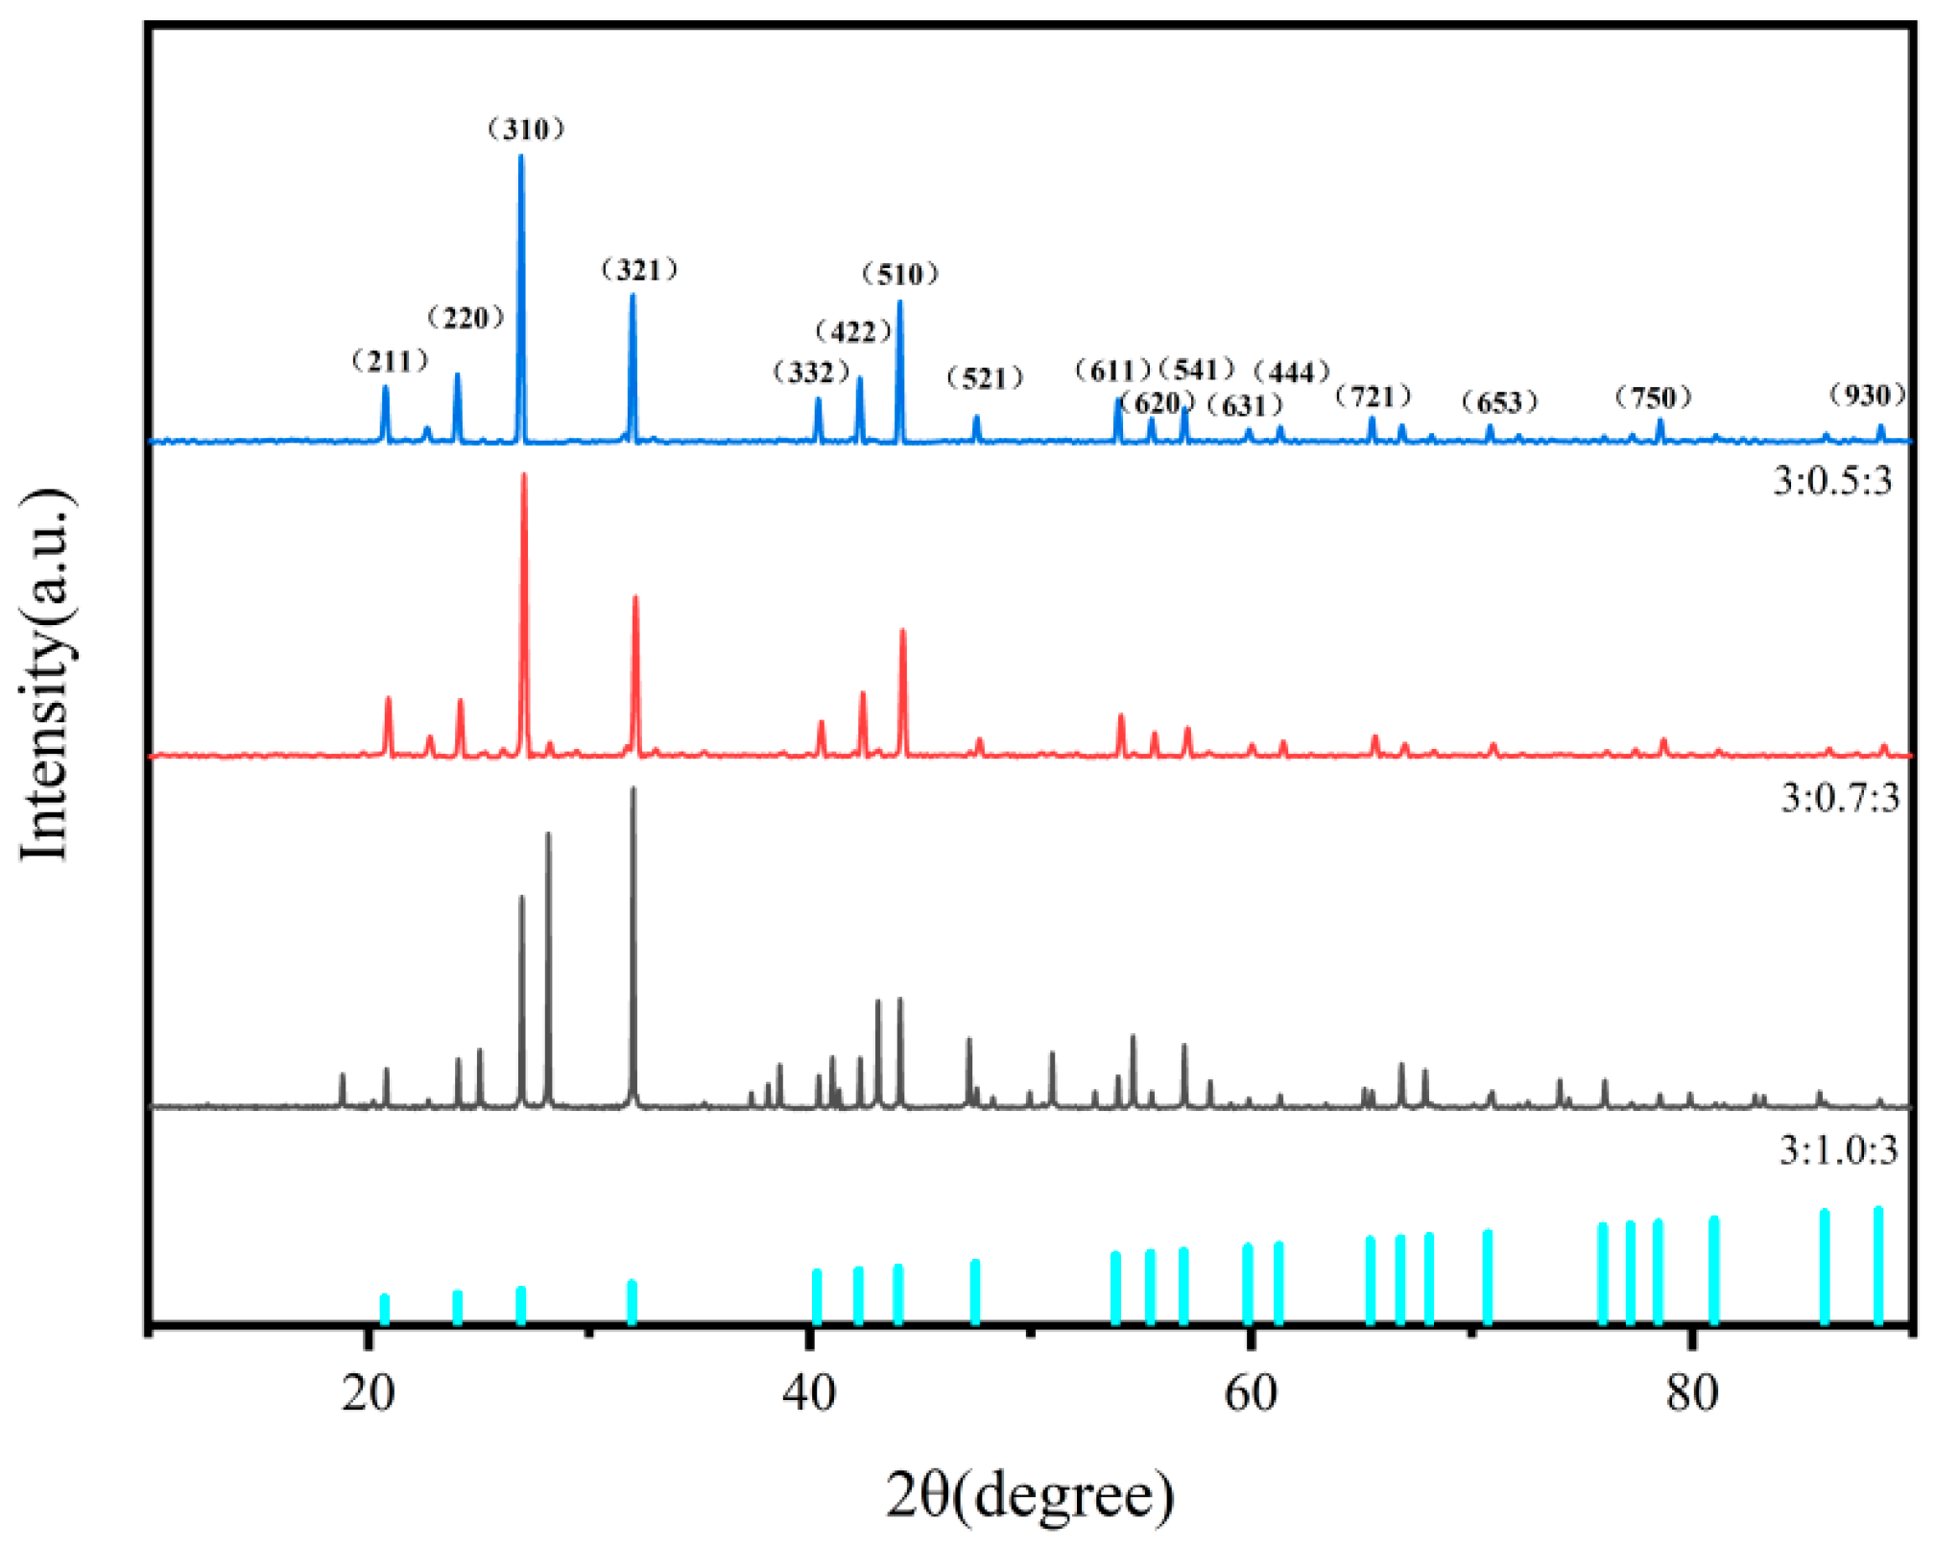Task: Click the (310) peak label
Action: [526, 130]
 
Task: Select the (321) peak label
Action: [639, 270]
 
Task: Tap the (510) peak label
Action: [899, 275]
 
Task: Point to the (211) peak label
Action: [390, 361]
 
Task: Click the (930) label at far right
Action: [1867, 395]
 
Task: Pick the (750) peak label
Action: [1653, 397]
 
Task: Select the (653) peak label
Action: [1499, 402]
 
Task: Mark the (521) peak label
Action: [985, 378]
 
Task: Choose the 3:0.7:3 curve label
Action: [1839, 798]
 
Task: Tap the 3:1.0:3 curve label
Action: [1838, 1149]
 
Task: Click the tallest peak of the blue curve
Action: [521, 159]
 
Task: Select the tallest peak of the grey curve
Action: [633, 791]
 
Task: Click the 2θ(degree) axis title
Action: [1029, 1495]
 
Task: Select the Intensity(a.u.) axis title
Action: [46, 675]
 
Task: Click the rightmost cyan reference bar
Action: [1878, 1265]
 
